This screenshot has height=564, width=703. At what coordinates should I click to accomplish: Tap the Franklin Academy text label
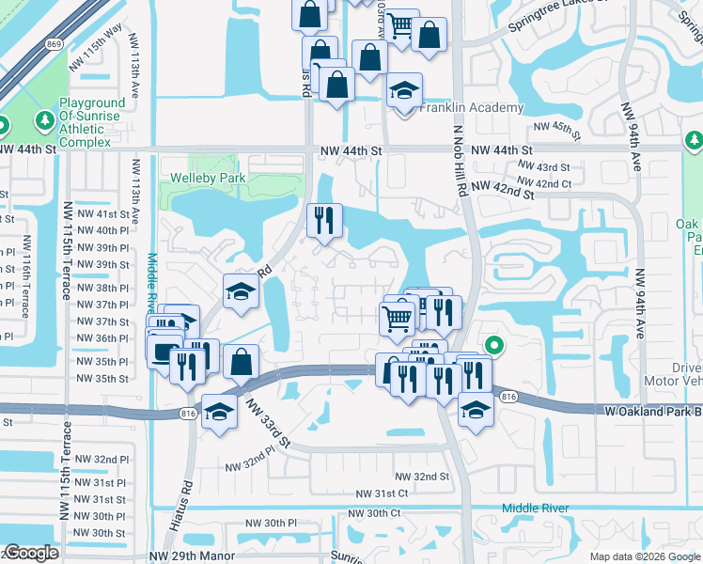point(471,107)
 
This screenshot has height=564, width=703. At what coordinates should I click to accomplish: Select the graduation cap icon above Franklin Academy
point(405,91)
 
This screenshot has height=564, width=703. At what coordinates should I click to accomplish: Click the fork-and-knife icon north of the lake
point(323,221)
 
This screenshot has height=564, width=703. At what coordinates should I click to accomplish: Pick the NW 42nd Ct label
point(544,181)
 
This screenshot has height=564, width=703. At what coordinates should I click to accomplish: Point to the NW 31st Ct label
point(382,493)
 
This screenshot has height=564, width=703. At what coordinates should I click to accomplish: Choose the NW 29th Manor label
point(193,555)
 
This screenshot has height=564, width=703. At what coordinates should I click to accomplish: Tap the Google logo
point(31,553)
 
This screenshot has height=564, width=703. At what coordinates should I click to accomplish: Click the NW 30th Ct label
point(375,513)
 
